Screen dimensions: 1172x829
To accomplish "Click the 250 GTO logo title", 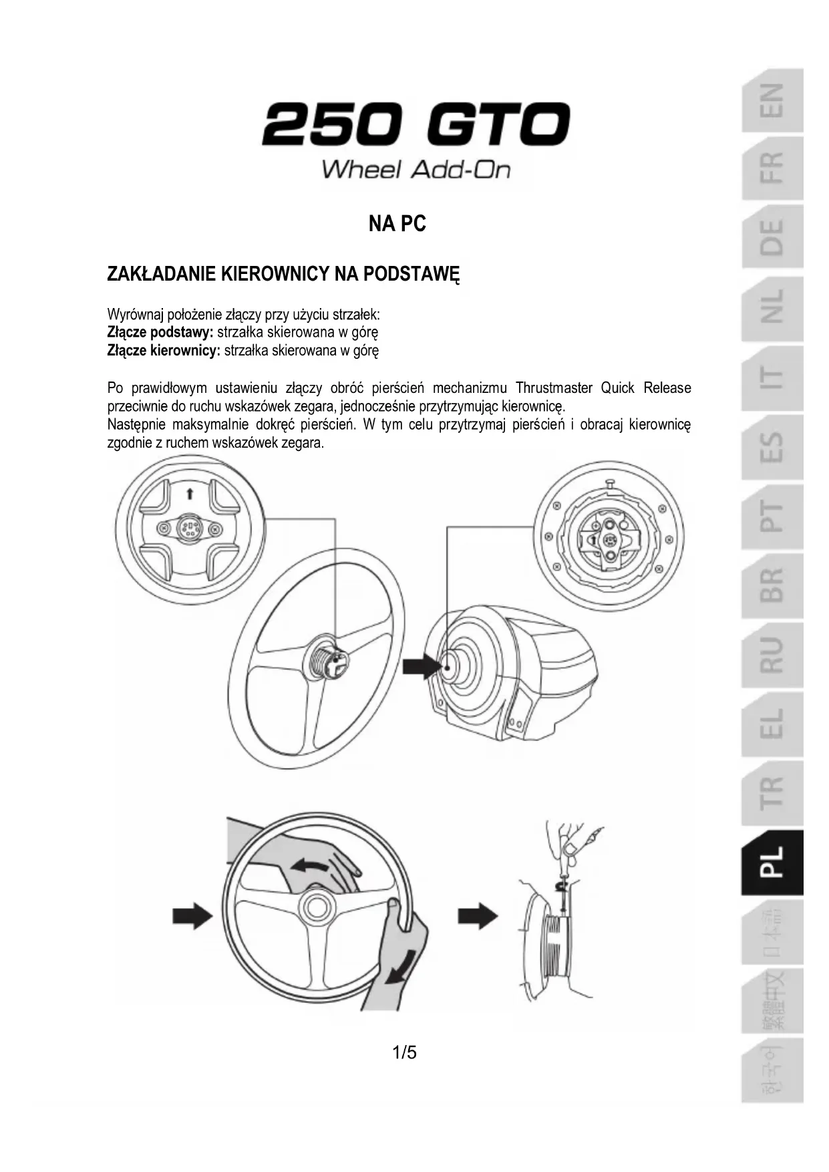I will tap(416, 124).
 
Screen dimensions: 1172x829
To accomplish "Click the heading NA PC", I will tap(397, 223).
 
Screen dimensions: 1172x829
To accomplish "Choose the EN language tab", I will tap(772, 100).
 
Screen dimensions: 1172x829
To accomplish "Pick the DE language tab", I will tap(772, 237).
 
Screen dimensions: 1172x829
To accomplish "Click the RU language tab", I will tap(772, 655).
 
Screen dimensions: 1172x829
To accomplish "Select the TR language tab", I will tap(772, 792).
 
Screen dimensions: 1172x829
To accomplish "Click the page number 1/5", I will tap(405, 1052).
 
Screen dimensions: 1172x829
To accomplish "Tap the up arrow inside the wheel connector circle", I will tap(190, 494).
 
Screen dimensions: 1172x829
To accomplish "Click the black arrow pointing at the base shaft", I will tap(422, 666).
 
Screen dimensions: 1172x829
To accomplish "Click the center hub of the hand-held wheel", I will tap(317, 907).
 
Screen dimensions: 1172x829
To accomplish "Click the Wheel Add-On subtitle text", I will tap(416, 169).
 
